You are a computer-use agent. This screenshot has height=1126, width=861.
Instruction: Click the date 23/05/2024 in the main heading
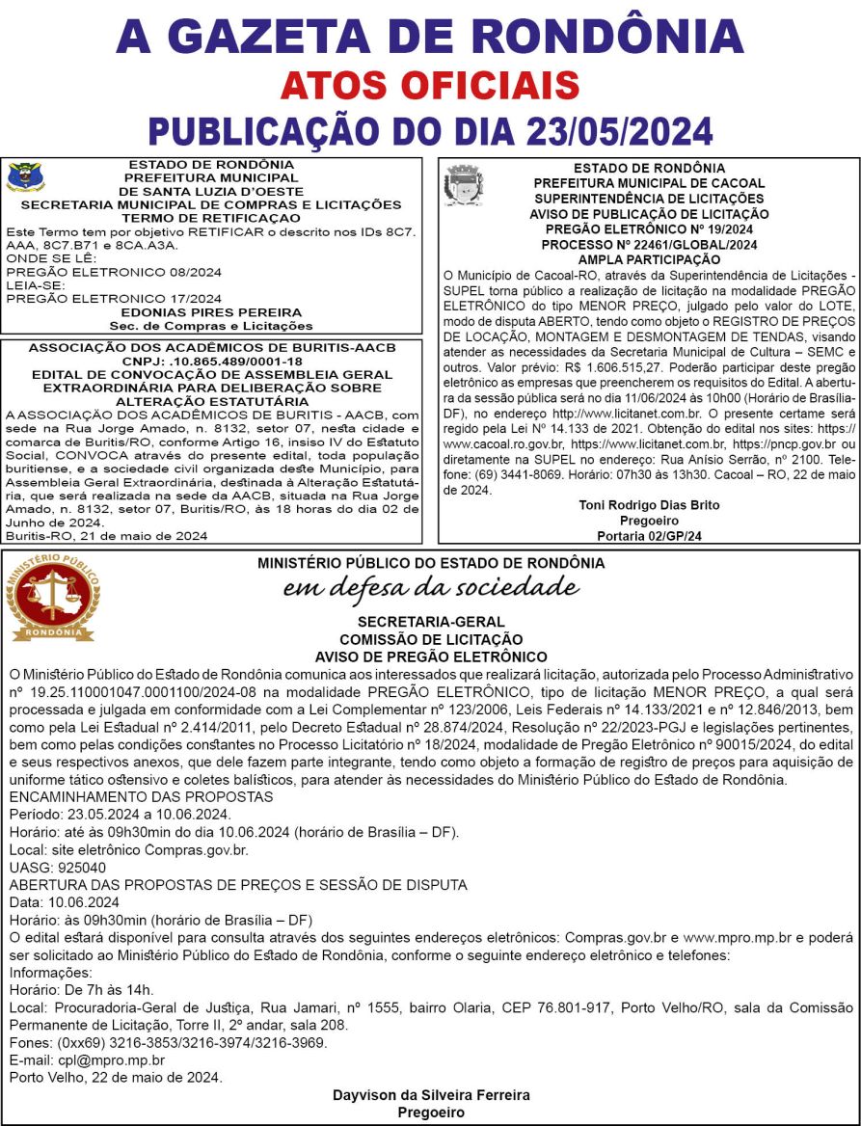(605, 130)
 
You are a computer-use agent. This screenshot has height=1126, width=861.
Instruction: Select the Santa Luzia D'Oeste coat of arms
(21, 178)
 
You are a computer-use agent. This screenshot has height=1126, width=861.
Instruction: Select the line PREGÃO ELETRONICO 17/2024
(114, 299)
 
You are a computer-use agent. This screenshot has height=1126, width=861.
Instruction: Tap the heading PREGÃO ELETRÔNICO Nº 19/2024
(649, 229)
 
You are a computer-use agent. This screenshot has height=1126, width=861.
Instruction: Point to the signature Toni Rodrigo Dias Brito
(649, 504)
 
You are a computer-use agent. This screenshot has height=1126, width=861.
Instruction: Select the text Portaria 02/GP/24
(649, 535)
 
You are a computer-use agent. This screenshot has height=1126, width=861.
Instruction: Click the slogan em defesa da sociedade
(430, 587)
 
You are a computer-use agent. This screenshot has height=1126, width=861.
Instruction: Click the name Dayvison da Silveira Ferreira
(430, 1096)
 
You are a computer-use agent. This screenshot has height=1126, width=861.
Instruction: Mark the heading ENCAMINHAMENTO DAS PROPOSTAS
(141, 797)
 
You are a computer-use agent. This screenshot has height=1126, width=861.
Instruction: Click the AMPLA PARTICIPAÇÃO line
(649, 260)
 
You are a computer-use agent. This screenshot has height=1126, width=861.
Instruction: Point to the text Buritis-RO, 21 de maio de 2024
(105, 535)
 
